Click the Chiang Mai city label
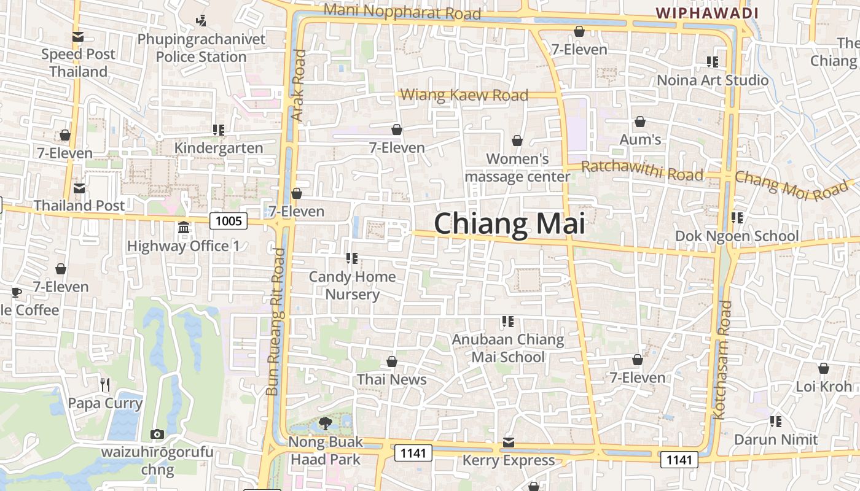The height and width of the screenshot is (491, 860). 509,223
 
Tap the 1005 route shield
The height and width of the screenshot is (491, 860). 229,220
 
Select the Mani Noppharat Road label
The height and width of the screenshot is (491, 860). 402,11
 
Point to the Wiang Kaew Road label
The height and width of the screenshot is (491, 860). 464,95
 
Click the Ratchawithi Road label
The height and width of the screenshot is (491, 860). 642,171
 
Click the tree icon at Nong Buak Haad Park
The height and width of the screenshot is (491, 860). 325,423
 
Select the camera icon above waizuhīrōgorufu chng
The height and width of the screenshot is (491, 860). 157,434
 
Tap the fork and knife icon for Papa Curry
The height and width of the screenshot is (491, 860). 105,385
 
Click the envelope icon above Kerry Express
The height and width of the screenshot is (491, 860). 509,443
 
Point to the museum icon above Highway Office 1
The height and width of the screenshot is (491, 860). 183,228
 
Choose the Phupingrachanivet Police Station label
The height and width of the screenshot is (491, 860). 201,48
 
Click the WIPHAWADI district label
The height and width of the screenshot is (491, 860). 706,13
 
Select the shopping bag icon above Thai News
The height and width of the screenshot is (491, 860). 392,361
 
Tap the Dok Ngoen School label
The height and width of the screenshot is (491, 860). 737,236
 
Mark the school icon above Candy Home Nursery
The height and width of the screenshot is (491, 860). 352,258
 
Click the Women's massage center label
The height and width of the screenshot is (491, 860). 517,168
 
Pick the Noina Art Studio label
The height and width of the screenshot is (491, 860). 713,80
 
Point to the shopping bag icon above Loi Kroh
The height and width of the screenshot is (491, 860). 824,368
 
